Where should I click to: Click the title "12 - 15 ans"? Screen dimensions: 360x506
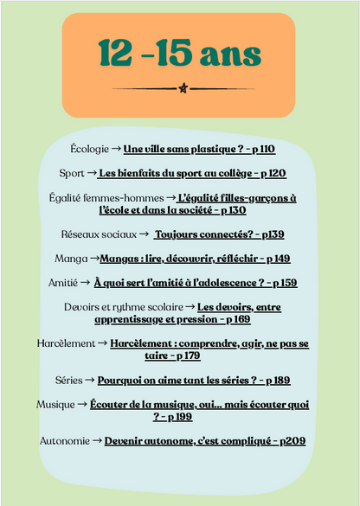(x=179, y=54)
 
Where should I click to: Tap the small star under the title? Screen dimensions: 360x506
(x=182, y=88)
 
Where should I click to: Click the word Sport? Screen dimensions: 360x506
(x=73, y=173)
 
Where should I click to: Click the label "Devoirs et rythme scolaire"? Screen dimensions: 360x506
(x=124, y=306)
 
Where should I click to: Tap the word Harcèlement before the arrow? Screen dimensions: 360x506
(x=66, y=343)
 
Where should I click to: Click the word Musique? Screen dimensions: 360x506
(x=55, y=404)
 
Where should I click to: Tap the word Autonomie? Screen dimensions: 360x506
(x=64, y=440)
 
